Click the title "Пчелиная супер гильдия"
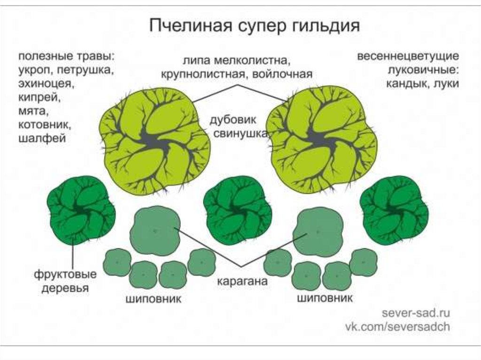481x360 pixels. tap(254, 25)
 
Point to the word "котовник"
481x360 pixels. tap(45, 125)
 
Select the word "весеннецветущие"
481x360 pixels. tap(408, 57)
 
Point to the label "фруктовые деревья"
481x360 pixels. tap(65, 281)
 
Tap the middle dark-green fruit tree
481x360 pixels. tap(237, 209)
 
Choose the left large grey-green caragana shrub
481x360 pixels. tap(155, 230)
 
